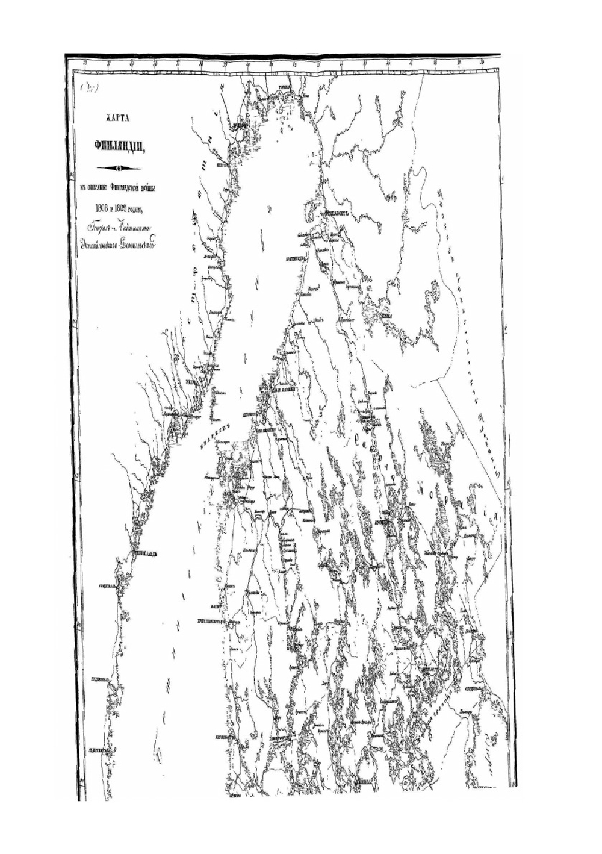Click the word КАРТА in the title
(x=114, y=119)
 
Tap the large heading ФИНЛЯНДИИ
(x=114, y=145)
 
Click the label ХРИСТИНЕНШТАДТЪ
(x=216, y=623)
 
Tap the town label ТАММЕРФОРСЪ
(x=284, y=737)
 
